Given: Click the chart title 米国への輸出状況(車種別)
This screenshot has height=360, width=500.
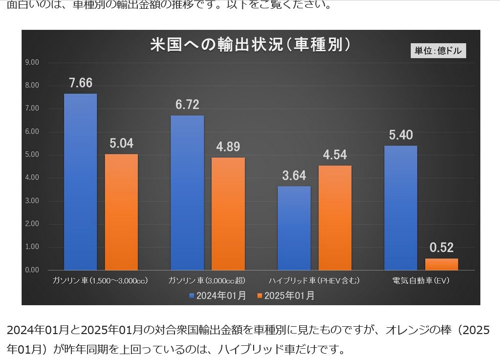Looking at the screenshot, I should pyautogui.click(x=250, y=45).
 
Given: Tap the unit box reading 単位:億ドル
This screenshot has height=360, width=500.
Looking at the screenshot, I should pyautogui.click(x=438, y=50).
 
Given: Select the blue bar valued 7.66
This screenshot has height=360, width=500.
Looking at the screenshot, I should pyautogui.click(x=80, y=181).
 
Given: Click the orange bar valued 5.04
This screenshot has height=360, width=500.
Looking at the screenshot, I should pyautogui.click(x=121, y=212).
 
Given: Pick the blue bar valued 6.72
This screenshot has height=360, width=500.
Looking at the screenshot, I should pyautogui.click(x=187, y=193).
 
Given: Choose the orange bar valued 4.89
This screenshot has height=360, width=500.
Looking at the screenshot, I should pyautogui.click(x=228, y=214).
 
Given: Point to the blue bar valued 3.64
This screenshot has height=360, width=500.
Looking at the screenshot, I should pyautogui.click(x=294, y=228).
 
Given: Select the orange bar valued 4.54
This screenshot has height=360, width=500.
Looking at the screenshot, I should pyautogui.click(x=335, y=218).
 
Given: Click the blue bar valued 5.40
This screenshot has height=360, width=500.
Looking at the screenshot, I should pyautogui.click(x=401, y=208).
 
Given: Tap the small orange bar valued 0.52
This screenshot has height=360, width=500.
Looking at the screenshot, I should pyautogui.click(x=441, y=264).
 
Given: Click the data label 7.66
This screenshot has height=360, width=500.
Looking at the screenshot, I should pyautogui.click(x=81, y=83).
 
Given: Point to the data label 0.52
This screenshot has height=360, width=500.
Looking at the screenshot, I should pyautogui.click(x=442, y=247).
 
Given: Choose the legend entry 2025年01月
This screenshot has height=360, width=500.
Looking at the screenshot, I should pyautogui.click(x=286, y=295).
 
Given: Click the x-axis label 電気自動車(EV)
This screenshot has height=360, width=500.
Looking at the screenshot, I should pyautogui.click(x=421, y=281).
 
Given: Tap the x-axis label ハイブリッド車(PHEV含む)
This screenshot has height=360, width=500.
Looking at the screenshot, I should pyautogui.click(x=314, y=281).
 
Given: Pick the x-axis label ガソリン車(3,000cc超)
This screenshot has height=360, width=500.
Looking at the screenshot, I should pyautogui.click(x=207, y=281).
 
